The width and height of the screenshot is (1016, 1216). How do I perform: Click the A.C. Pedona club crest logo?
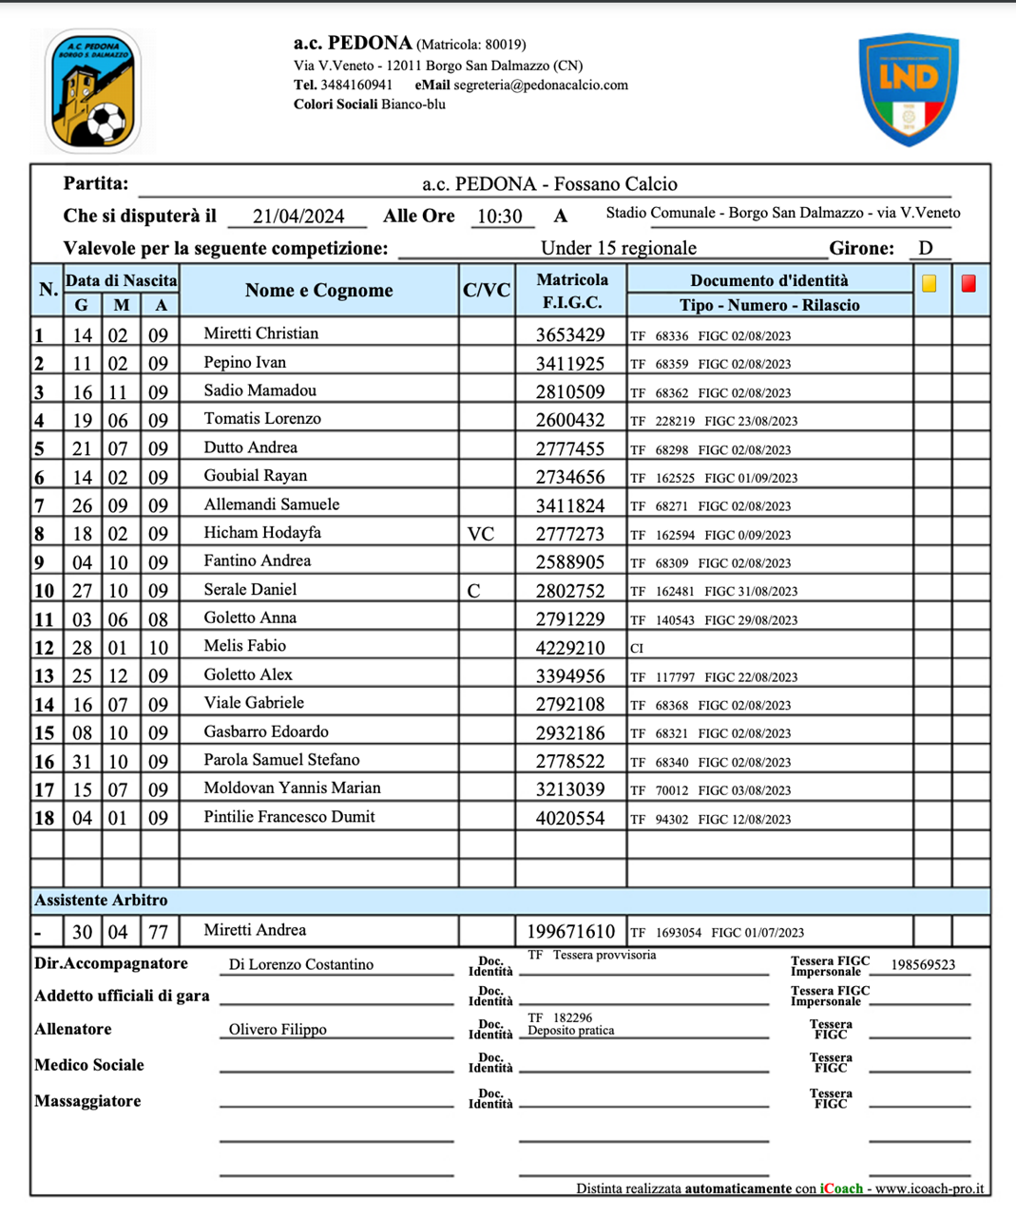92,91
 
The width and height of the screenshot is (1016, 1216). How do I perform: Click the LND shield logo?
909,89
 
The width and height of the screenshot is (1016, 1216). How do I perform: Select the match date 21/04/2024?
298,217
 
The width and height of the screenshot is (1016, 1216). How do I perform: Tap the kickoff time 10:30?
500,217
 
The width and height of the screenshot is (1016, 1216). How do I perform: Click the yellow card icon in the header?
929,283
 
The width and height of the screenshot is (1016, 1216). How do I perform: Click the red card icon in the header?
968,283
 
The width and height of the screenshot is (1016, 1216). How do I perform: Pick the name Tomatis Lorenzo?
262,419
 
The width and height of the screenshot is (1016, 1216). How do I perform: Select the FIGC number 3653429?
570,334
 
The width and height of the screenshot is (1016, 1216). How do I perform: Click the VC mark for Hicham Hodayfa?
481,534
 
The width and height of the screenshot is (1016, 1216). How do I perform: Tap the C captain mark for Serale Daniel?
473,591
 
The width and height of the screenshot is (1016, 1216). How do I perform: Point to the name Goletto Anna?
250,617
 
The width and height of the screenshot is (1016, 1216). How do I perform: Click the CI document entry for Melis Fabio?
637,648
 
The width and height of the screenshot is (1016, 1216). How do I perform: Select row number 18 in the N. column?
45,818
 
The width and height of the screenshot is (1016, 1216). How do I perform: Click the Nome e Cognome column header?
318,291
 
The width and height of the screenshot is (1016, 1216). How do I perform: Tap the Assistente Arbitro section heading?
101,900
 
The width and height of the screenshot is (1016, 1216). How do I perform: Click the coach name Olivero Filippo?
278,1030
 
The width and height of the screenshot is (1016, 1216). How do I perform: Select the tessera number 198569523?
923,965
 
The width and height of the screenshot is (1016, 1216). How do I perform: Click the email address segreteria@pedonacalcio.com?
541,85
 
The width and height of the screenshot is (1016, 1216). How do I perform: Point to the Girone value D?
926,248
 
